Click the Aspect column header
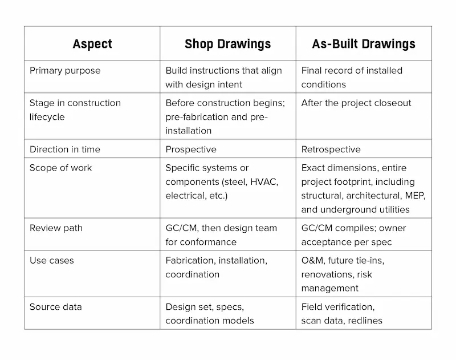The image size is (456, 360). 92,44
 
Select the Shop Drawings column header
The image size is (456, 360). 227,44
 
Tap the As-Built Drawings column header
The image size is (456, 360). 364,44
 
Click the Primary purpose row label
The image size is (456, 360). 64,71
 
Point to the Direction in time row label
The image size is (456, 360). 64,149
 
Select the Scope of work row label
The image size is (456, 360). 60,168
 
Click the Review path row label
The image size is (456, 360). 56,228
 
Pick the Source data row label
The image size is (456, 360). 55,307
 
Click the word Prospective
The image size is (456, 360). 191,149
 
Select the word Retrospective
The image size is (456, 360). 331,149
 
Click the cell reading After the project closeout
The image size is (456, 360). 356,103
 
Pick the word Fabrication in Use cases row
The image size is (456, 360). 190,261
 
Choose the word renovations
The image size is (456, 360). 327,274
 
